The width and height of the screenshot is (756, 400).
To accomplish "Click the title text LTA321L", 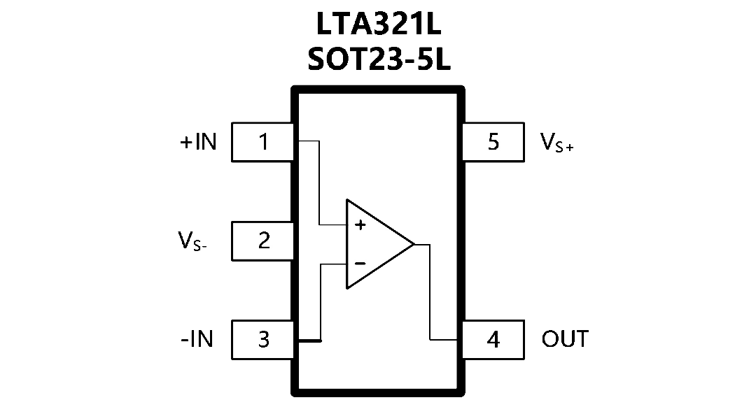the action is (x=379, y=24).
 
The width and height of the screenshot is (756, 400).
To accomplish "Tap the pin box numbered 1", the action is (x=262, y=142).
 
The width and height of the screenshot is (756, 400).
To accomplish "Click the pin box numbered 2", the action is (x=262, y=241).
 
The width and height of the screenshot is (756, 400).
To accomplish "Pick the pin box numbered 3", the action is (x=262, y=340).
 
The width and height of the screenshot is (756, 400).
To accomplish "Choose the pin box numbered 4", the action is (x=493, y=340).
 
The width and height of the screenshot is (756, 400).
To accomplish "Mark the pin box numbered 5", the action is (x=493, y=142).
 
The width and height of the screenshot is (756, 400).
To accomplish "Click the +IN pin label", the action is (x=198, y=142).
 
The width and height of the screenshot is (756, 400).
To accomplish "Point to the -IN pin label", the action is (x=197, y=339).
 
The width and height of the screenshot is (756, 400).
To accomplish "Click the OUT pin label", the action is (x=565, y=339).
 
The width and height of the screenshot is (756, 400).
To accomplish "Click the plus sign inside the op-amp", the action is (x=360, y=225).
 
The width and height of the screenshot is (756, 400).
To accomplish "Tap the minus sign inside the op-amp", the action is (x=360, y=264).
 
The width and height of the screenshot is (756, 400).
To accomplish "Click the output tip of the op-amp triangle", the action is (x=414, y=244).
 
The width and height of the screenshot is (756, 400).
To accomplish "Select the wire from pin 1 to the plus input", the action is (x=319, y=183).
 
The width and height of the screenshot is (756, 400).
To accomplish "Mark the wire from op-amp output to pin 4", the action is (x=430, y=292).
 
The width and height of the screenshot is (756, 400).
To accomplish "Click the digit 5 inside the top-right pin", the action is (x=493, y=142).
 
